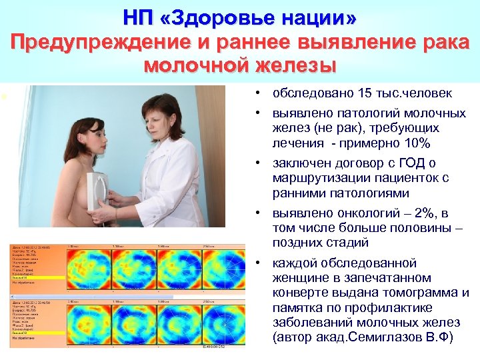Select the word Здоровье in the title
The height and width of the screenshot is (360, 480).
pyautogui.click(x=223, y=17)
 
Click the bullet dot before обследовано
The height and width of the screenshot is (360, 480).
pyautogui.click(x=257, y=93)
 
